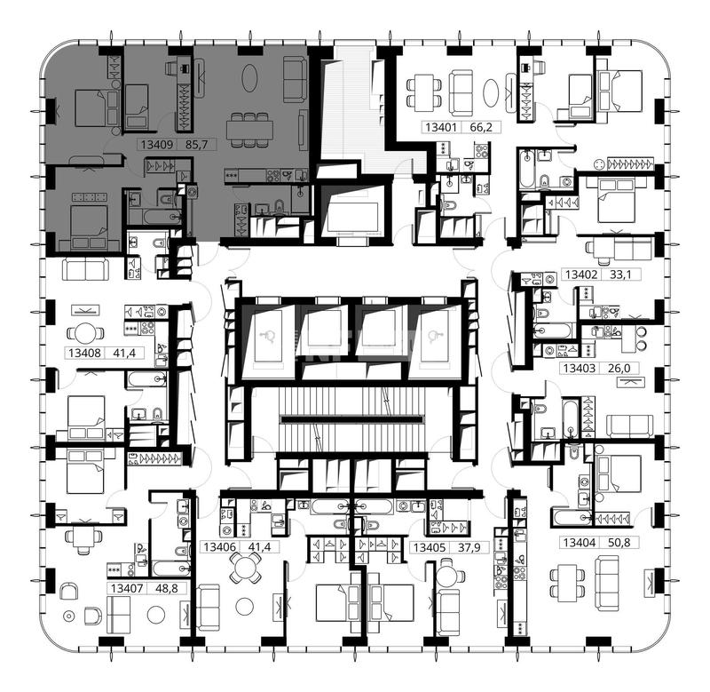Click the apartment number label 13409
[x=157, y=145]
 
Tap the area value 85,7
[x=196, y=145]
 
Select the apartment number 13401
[x=441, y=127]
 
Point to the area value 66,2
[x=481, y=127]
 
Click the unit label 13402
[x=581, y=274]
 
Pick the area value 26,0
[x=619, y=368]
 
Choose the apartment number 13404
[x=580, y=542]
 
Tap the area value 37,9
[x=469, y=547]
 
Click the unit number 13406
[x=219, y=547]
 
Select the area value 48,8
[x=167, y=588]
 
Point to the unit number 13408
[x=84, y=353]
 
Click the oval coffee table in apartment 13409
[x=249, y=78]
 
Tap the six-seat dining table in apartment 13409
[x=249, y=130]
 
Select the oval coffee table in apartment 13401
[x=491, y=93]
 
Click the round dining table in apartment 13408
[x=85, y=333]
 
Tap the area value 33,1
[x=620, y=274]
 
